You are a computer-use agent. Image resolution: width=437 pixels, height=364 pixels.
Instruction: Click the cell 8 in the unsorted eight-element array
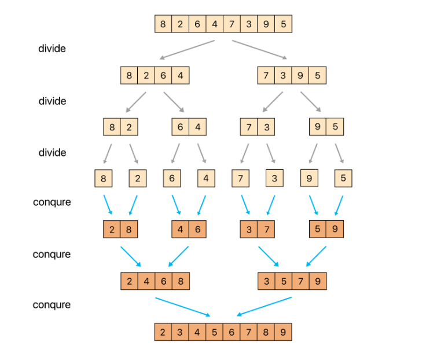163,24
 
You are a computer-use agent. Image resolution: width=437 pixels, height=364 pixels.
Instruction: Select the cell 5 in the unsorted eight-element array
283,24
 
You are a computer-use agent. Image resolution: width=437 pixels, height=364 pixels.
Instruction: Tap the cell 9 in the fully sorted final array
283,332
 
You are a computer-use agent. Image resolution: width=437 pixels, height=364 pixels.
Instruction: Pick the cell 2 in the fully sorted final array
163,332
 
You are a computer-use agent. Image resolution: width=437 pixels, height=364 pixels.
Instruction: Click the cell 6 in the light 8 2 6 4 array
164,75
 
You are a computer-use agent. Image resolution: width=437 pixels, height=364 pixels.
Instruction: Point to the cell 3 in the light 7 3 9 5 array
284,75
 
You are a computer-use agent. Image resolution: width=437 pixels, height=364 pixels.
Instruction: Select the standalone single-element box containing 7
240,179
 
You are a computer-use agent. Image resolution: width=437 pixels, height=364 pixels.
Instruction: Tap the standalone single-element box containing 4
206,179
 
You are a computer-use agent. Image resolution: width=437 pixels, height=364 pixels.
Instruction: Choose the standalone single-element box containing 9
309,179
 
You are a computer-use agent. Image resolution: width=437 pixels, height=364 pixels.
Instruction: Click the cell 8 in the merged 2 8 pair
129,230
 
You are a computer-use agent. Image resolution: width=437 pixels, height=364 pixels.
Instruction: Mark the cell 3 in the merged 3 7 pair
249,230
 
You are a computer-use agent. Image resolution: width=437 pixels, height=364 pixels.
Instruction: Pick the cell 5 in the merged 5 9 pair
318,230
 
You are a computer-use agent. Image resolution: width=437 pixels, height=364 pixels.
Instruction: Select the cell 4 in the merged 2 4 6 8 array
146,281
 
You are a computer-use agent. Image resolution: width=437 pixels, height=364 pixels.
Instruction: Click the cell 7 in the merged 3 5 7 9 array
300,281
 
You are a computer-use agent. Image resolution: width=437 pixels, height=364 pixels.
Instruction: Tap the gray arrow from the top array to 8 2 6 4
188,49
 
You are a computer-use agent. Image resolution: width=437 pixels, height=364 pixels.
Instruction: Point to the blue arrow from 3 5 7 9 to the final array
265,307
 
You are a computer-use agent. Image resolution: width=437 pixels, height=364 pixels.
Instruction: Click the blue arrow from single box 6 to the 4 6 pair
176,205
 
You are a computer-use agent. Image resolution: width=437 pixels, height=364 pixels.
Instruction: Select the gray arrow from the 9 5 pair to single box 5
339,153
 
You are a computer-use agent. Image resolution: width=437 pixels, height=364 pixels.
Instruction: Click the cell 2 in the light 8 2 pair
129,127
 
